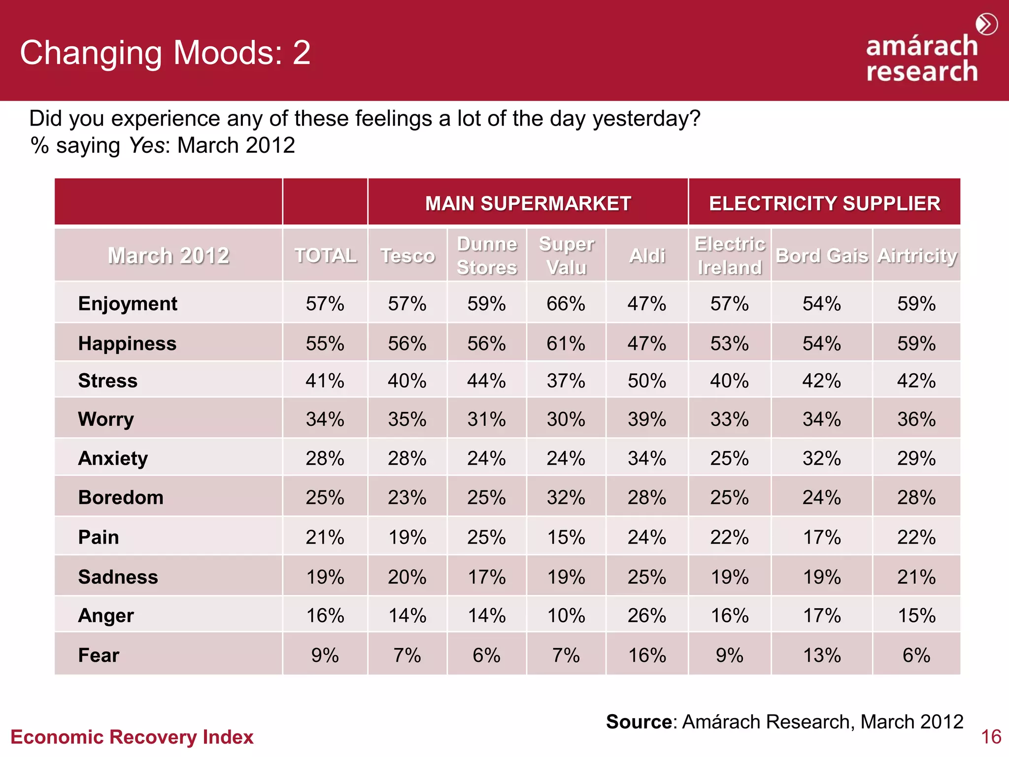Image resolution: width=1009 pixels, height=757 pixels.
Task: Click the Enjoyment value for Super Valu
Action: point(566,304)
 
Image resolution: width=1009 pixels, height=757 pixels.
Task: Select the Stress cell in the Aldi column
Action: point(646,381)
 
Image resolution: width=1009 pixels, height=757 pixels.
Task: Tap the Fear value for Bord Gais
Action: point(822,655)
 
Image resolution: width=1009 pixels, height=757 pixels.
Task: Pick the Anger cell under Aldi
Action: point(646,616)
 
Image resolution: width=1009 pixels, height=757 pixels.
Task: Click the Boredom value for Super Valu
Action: point(566,498)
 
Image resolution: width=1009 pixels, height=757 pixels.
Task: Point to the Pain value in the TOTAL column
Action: point(325,537)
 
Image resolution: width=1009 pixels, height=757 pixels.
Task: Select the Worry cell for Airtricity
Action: point(916,419)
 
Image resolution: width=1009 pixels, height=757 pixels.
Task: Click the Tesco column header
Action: point(407,256)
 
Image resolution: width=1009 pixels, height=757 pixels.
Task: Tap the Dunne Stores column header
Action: point(487,256)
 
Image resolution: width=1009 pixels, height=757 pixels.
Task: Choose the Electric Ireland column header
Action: point(730,256)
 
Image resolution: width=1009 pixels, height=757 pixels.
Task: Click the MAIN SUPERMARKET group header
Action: point(528,204)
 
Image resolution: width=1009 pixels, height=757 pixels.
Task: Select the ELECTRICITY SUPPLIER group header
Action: point(824,204)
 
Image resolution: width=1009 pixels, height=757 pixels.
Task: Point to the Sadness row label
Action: point(118,577)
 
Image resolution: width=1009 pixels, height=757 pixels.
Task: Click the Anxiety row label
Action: point(113,458)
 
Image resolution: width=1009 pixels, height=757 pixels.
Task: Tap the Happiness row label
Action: point(127,344)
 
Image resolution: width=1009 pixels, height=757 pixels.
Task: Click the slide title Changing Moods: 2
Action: point(165,53)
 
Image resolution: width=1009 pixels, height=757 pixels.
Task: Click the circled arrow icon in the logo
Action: point(986,24)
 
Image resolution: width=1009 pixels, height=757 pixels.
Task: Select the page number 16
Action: point(991,737)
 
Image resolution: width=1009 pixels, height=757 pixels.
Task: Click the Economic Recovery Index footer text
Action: point(132,737)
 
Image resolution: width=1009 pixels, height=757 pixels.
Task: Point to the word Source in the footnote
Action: point(639,722)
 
